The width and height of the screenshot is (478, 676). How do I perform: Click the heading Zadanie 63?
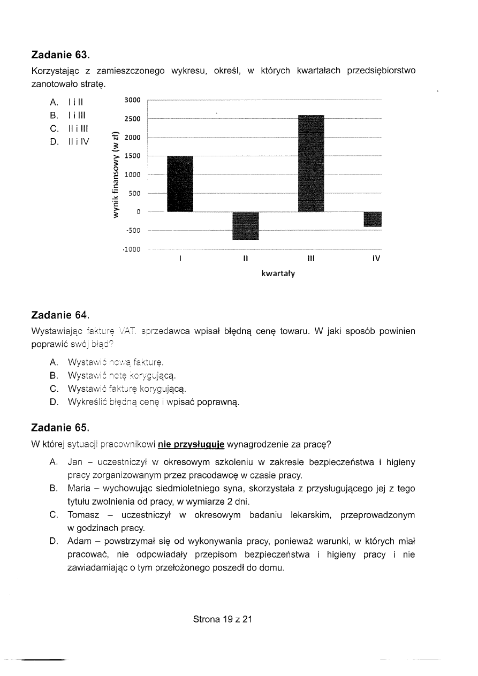[x=60, y=55]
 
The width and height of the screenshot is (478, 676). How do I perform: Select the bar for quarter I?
[x=180, y=184]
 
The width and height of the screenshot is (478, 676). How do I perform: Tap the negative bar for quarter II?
[x=246, y=226]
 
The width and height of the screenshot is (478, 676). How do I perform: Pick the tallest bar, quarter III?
[x=311, y=163]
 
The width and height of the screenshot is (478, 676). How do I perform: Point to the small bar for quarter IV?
[x=373, y=219]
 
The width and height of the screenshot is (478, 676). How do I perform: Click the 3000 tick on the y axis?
[x=132, y=100]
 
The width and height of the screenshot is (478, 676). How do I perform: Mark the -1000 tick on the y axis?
[x=131, y=249]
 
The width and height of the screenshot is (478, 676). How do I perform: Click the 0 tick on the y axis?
[x=138, y=212]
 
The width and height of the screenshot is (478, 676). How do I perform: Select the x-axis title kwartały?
[x=278, y=274]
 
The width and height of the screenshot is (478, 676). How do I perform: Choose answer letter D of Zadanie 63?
[x=54, y=142]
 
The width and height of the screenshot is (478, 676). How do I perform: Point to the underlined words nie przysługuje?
[x=192, y=444]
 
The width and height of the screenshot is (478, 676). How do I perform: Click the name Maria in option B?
[x=79, y=489]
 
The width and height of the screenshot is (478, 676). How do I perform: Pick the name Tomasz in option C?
[x=83, y=515]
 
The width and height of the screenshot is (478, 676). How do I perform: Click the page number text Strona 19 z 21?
[x=222, y=619]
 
